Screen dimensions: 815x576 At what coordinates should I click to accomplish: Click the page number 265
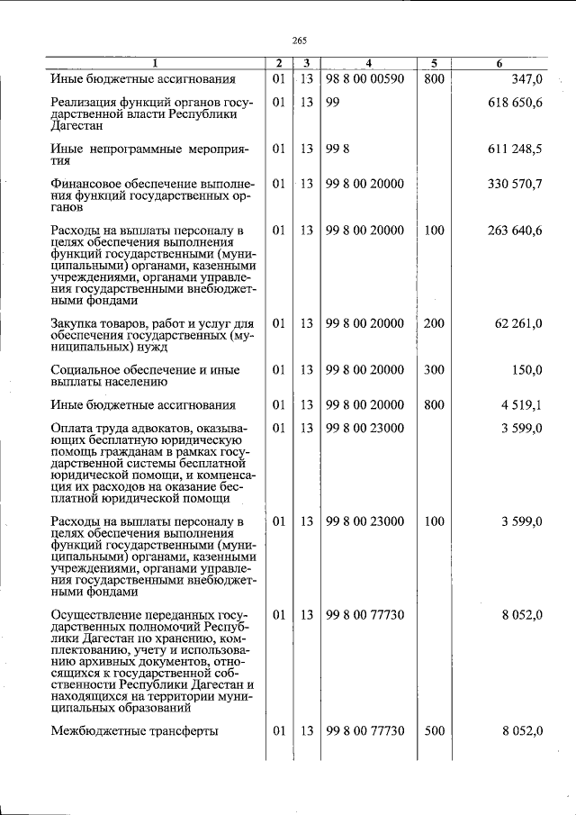[300, 40]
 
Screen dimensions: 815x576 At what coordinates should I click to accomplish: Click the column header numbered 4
[369, 63]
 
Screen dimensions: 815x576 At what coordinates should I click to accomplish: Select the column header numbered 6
[499, 63]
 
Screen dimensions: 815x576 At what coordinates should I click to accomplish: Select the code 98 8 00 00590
[364, 79]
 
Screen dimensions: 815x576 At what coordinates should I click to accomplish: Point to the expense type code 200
[434, 323]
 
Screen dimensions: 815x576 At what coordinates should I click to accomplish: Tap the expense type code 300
[434, 370]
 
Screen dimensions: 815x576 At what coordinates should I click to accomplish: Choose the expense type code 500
[434, 731]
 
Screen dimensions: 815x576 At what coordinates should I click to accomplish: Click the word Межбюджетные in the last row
[94, 731]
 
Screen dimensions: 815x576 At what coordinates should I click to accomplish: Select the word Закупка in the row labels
[76, 323]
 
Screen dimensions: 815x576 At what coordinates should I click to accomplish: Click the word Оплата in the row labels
[72, 428]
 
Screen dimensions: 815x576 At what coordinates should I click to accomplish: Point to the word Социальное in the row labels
[87, 370]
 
